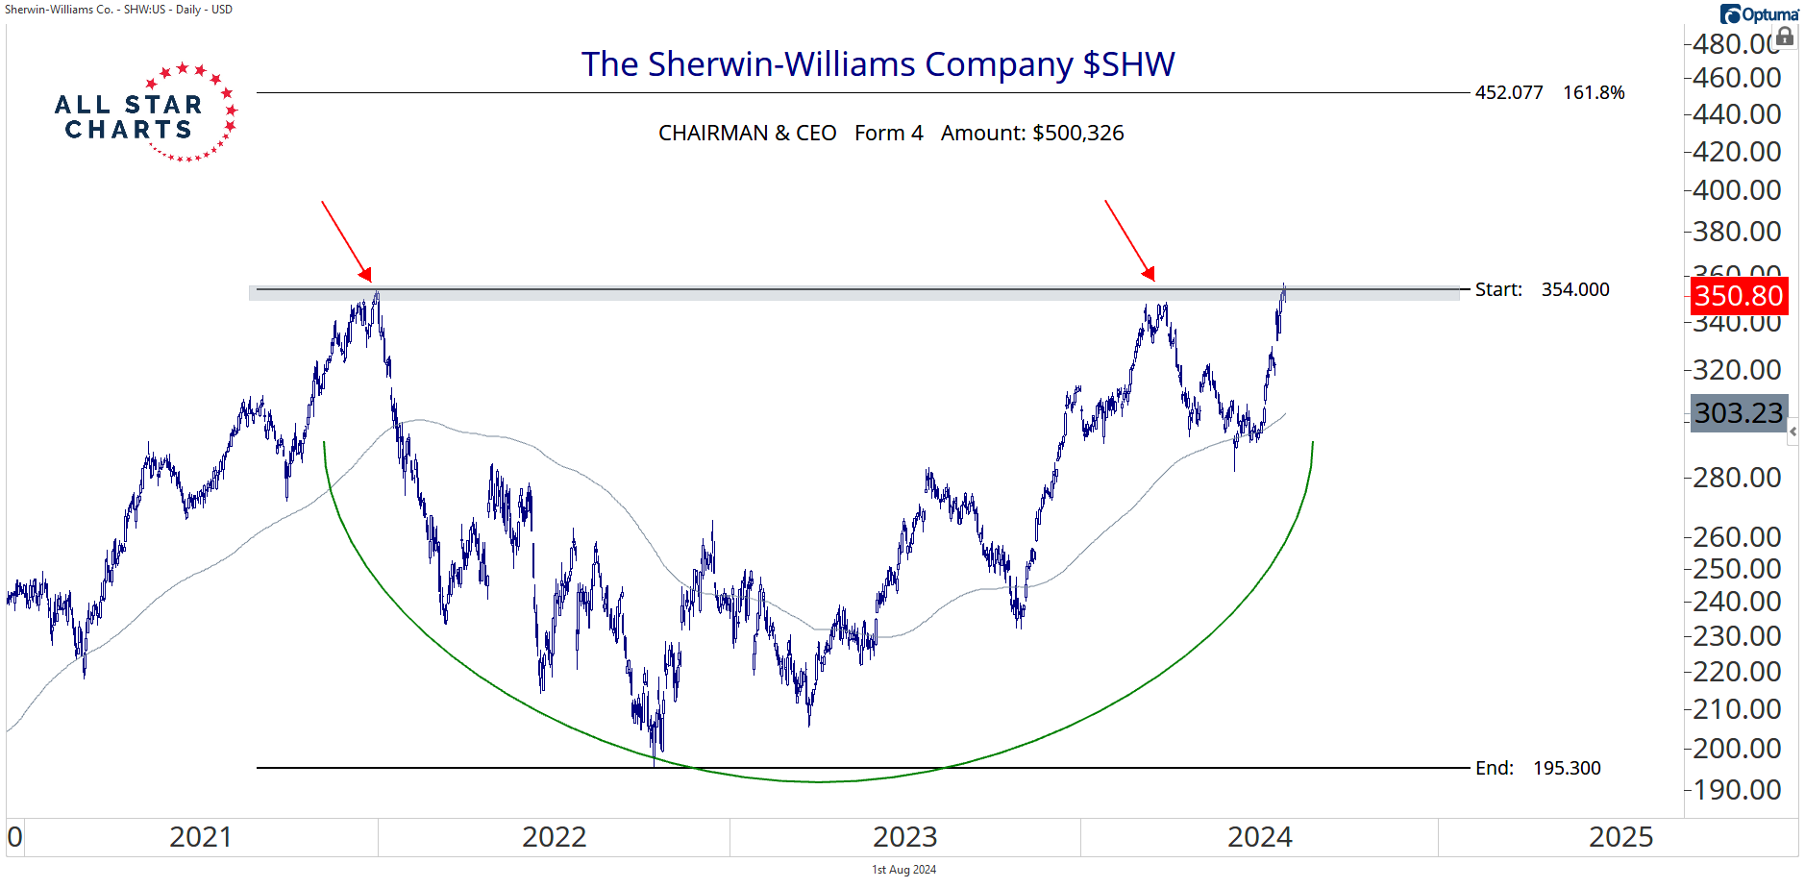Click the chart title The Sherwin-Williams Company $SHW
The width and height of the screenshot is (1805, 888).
tap(878, 64)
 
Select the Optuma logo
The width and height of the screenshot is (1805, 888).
tap(1759, 14)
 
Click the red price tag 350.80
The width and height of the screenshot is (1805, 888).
tap(1739, 295)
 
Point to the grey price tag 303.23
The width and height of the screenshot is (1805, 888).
tap(1739, 413)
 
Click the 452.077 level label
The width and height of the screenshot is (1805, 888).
tap(1509, 93)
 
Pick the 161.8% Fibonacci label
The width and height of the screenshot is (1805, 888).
tap(1594, 93)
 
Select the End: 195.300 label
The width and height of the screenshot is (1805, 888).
tap(1538, 768)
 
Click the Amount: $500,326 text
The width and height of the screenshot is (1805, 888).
tap(1032, 134)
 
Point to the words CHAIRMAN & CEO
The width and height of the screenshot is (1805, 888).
tap(747, 134)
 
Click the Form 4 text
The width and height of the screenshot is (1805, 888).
tap(889, 134)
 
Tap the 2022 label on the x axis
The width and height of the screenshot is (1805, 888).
tap(554, 837)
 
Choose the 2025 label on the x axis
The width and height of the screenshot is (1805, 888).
tap(1620, 837)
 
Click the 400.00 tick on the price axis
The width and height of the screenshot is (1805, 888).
tap(1737, 190)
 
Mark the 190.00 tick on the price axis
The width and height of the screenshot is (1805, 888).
tap(1737, 790)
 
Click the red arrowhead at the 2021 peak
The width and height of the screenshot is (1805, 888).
tap(365, 274)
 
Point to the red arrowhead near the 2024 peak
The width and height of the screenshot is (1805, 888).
tap(1149, 274)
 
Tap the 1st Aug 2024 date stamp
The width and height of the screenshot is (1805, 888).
tap(903, 870)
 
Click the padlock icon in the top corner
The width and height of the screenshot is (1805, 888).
tap(1785, 37)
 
